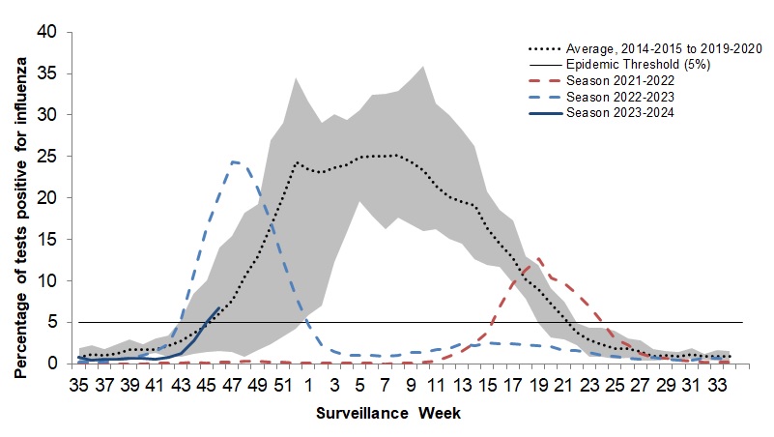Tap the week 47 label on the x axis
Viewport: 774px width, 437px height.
pos(231,385)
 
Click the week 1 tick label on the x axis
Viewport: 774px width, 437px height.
pos(308,385)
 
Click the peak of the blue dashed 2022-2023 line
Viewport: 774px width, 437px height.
pos(234,161)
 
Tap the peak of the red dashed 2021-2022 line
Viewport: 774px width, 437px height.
pos(538,258)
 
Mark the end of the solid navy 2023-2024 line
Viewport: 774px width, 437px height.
pos(219,306)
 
